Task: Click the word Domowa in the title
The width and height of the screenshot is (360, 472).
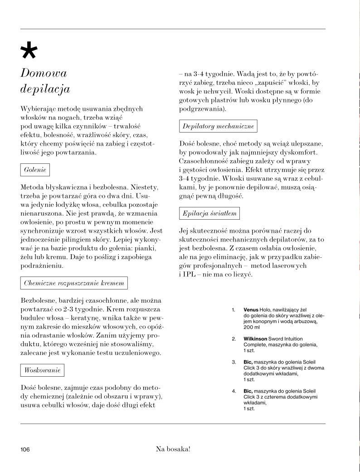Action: coord(44,73)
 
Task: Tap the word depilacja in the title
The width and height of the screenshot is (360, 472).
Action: coord(45,88)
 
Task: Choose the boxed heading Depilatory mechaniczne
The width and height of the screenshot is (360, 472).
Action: coord(218,126)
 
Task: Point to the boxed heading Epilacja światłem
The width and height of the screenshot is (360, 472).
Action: coord(209,213)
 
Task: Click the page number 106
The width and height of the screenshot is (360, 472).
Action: coord(25,449)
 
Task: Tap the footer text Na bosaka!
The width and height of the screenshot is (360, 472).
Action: coord(173,449)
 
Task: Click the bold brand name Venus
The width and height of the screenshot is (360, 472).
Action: coord(251,310)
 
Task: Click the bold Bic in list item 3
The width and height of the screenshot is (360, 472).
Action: coord(248,362)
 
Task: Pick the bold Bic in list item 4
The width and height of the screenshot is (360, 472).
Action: coord(248,391)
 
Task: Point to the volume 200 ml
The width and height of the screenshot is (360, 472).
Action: coord(252,327)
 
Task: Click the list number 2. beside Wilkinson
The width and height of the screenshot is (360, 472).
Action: coord(234,339)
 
